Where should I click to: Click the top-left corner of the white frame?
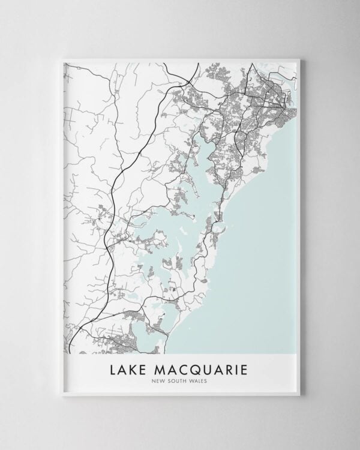click(62, 59)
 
